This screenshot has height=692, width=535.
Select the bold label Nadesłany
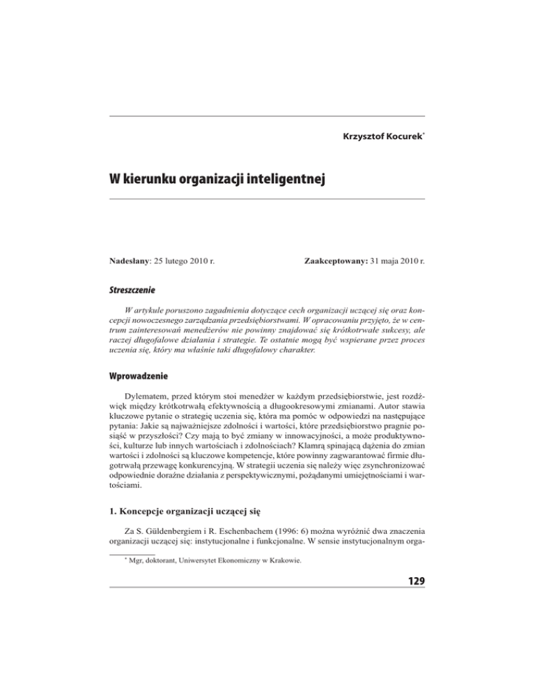pos(134,243)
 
